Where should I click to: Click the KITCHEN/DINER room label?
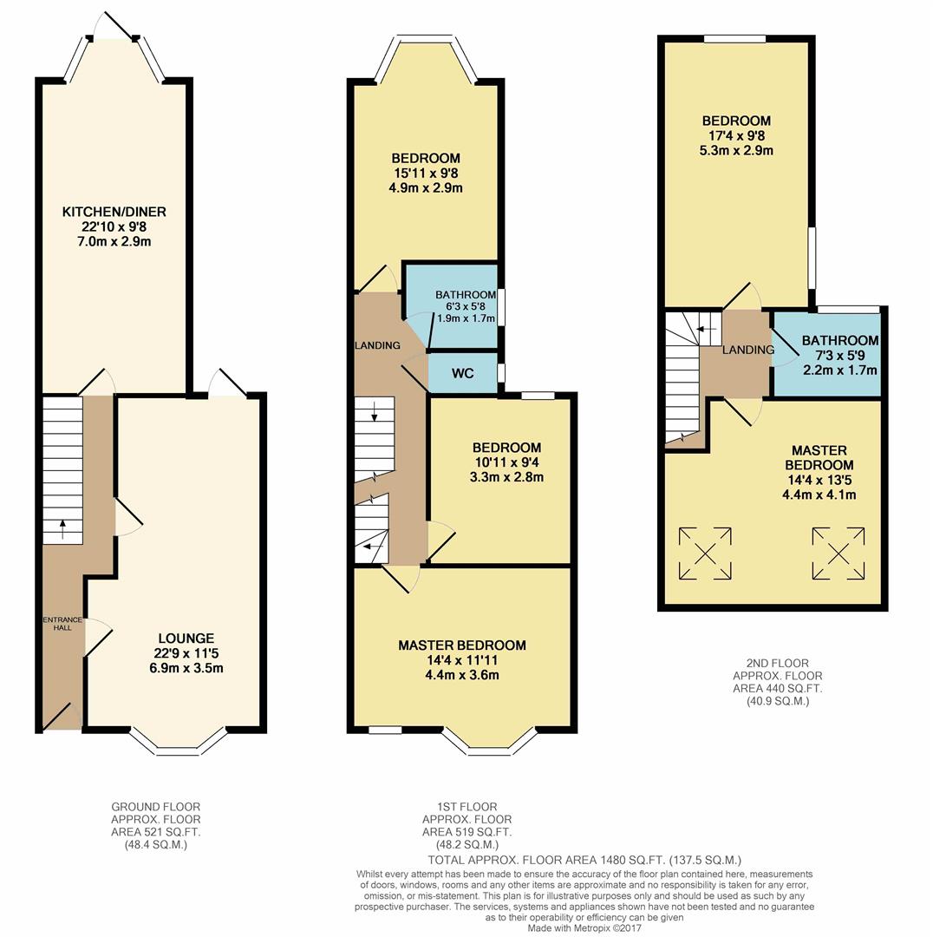(x=114, y=212)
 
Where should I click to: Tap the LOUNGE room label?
(x=186, y=639)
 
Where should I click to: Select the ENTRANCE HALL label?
(x=62, y=623)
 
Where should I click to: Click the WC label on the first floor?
(x=463, y=373)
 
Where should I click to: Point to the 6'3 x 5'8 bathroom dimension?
(x=466, y=306)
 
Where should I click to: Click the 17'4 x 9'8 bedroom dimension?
(x=736, y=135)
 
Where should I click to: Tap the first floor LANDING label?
(x=377, y=345)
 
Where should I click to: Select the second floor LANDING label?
(x=747, y=350)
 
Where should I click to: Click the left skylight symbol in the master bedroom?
(x=706, y=554)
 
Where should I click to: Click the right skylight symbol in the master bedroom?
(x=838, y=554)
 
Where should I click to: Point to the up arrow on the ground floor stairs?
(x=62, y=529)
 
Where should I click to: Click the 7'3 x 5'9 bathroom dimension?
(x=840, y=356)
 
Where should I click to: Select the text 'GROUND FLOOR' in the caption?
(x=156, y=807)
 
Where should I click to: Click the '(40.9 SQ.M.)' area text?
(x=778, y=702)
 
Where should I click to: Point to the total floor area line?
(x=584, y=861)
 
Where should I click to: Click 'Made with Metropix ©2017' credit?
(x=584, y=928)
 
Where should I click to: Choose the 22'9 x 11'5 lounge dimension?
(x=186, y=653)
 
